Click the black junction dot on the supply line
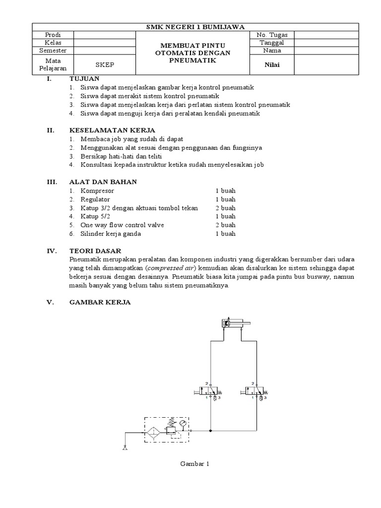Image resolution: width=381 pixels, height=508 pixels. click(211, 431)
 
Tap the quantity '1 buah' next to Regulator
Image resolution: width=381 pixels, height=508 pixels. click(225, 199)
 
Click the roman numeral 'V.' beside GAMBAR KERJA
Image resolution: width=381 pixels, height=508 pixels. click(50, 303)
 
